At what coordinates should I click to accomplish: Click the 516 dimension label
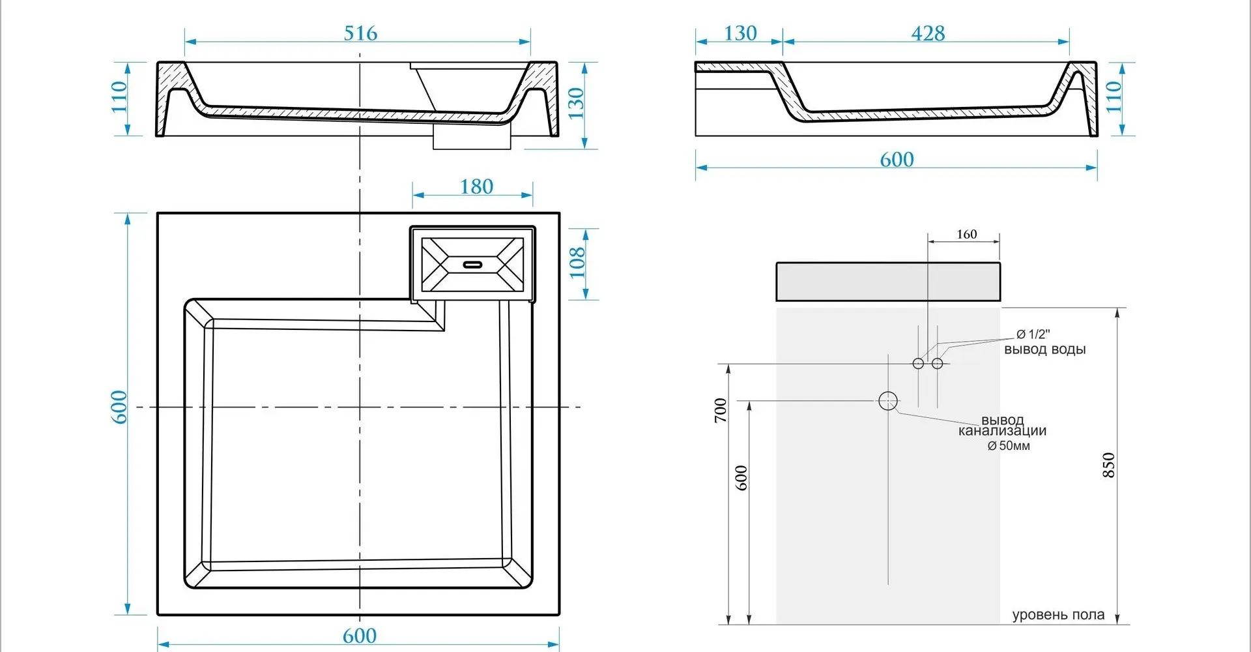click(360, 33)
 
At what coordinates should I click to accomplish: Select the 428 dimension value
click(928, 33)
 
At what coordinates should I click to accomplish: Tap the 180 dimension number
click(476, 186)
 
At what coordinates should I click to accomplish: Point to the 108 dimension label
click(577, 263)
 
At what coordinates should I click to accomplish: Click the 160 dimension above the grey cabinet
click(967, 234)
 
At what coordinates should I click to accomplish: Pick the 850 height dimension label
click(1108, 465)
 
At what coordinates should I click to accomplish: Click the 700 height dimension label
click(720, 410)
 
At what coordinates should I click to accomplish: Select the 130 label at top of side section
click(740, 33)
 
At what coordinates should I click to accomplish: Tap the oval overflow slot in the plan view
click(472, 265)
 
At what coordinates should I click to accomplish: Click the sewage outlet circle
click(888, 401)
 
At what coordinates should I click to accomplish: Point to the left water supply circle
click(918, 363)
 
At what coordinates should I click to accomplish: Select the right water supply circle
click(938, 363)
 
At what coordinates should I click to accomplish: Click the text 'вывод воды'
click(1045, 349)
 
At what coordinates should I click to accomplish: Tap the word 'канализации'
click(1002, 431)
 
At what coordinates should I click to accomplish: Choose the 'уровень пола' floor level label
click(1058, 615)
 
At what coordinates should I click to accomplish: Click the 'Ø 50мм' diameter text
click(1009, 446)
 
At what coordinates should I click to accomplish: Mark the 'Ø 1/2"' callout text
click(1033, 334)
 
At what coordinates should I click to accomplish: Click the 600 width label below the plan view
click(360, 636)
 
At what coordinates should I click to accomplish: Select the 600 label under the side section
click(897, 159)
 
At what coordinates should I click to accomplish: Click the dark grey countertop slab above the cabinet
click(888, 282)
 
